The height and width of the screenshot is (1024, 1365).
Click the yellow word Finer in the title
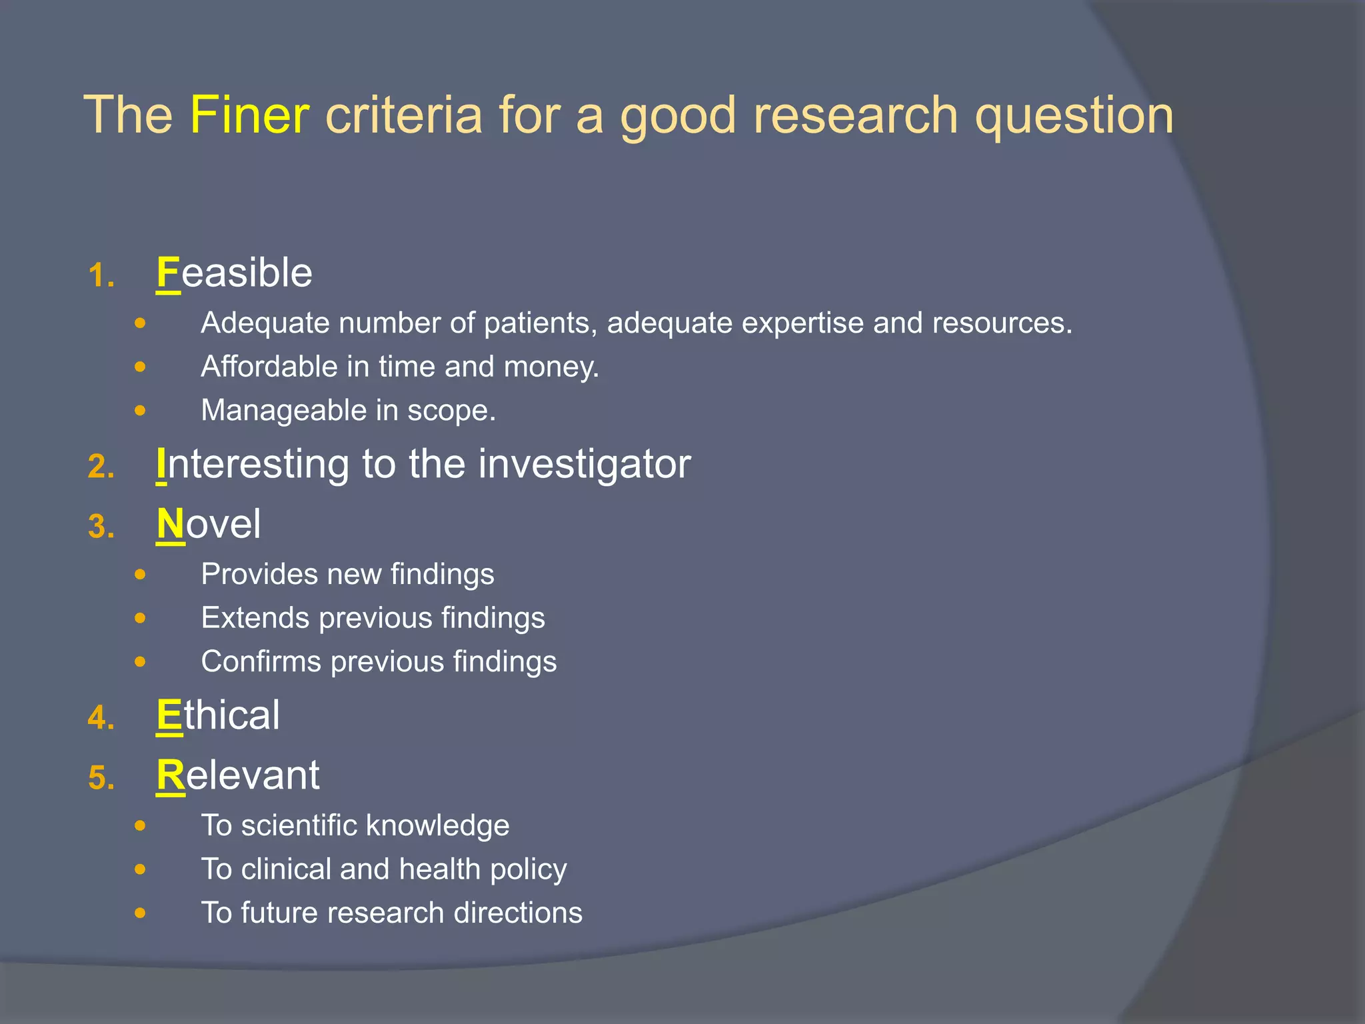coord(249,115)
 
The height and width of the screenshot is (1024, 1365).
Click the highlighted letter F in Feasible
coord(168,273)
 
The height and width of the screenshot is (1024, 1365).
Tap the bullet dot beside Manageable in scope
coord(139,411)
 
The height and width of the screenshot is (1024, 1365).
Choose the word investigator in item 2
coord(584,464)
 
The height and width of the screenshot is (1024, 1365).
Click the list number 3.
coord(101,527)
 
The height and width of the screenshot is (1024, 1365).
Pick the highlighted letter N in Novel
coord(171,524)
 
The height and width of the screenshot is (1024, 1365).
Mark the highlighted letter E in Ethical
coord(169,715)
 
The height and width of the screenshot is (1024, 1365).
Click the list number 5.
coord(101,778)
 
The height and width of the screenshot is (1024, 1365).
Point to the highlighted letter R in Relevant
coord(171,775)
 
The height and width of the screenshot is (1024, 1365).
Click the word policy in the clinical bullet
coord(529,870)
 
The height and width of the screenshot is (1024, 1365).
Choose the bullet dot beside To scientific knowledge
coord(139,826)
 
